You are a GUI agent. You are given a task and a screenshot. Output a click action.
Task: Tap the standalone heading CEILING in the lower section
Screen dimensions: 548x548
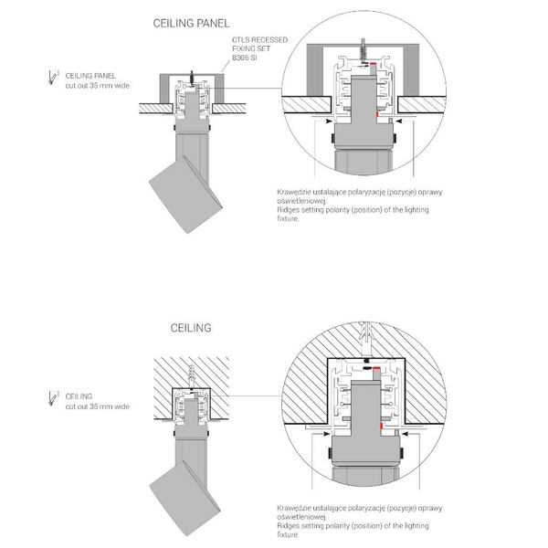coord(191,327)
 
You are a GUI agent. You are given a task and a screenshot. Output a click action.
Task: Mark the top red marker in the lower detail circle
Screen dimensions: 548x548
coord(376,370)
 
